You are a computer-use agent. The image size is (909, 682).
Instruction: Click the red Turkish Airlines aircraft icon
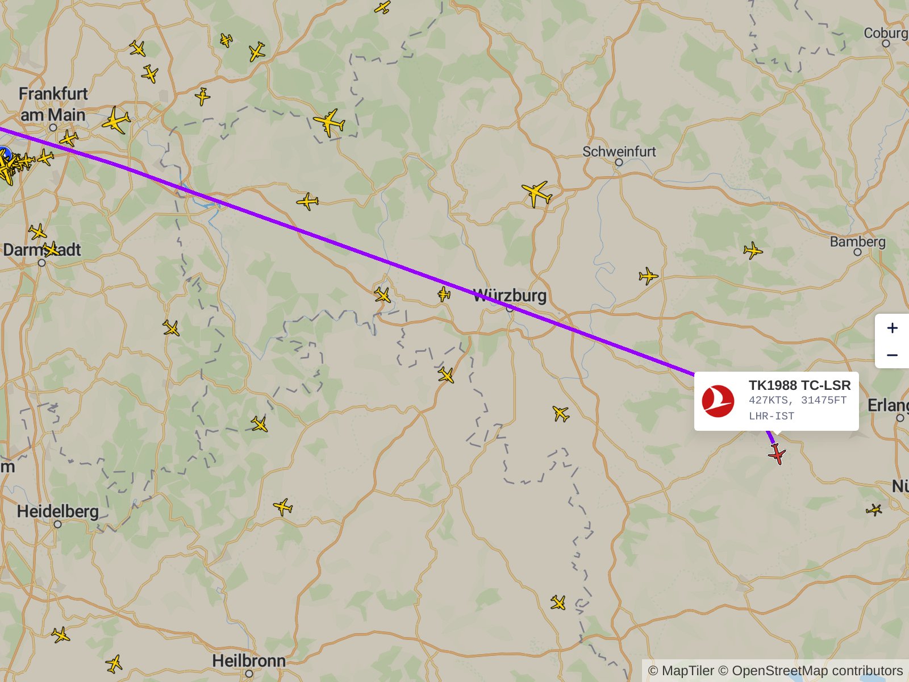[x=777, y=454]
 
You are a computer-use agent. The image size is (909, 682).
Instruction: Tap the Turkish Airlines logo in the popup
[x=718, y=401]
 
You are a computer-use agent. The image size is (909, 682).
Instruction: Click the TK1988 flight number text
[x=773, y=385]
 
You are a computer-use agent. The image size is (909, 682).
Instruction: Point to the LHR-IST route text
[x=771, y=416]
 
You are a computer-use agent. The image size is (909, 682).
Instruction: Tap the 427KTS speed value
[x=769, y=400]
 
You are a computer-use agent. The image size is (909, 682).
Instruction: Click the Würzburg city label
[x=510, y=296]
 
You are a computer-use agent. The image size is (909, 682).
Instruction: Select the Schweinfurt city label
[x=619, y=152]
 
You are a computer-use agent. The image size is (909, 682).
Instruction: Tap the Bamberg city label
[x=857, y=242]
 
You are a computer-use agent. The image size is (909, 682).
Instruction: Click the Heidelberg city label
[x=57, y=511]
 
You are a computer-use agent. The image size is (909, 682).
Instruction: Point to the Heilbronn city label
[x=249, y=661]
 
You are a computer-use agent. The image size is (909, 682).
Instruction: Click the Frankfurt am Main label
[x=53, y=105]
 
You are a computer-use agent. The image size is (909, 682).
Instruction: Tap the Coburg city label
[x=885, y=33]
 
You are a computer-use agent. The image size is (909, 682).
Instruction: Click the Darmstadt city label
[x=41, y=250]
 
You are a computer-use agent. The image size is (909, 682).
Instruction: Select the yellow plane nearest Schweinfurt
[x=536, y=193]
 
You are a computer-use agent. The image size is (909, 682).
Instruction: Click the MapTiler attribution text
[x=681, y=671]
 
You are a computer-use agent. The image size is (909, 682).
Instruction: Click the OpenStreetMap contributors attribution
[x=817, y=671]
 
